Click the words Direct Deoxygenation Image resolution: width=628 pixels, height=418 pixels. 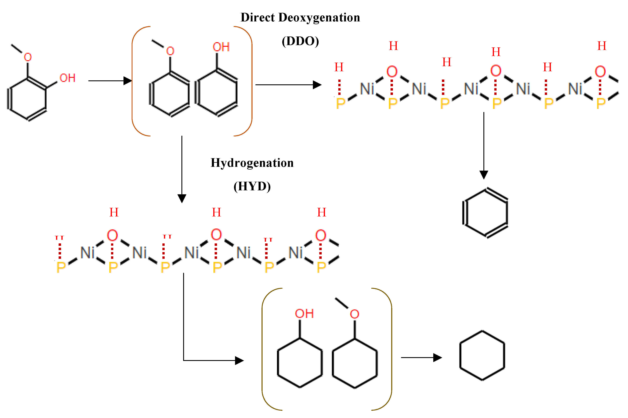300,18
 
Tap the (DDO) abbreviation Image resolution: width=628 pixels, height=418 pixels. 300,41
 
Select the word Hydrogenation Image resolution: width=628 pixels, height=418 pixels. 252,163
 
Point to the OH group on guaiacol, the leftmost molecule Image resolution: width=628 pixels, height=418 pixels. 67,78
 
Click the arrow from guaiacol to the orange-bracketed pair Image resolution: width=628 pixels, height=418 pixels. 110,81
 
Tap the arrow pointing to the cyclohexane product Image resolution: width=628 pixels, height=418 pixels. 421,357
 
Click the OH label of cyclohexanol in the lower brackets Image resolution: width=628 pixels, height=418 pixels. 304,314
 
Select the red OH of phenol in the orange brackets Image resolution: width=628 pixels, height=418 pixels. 221,47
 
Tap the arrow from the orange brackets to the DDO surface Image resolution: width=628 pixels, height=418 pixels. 288,85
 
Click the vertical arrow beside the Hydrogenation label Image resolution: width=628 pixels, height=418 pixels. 182,169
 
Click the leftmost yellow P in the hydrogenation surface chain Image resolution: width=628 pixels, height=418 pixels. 61,267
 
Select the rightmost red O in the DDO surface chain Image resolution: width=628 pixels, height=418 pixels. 600,71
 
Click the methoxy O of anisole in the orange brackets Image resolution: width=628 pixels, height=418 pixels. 170,51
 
